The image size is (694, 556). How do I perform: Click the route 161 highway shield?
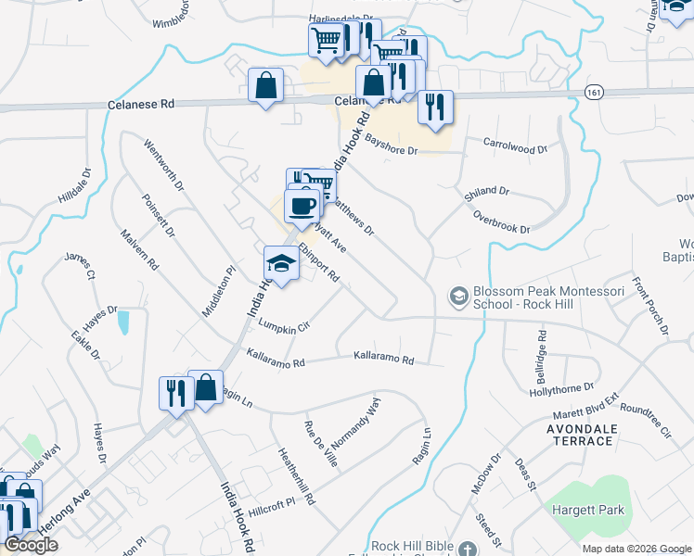(x=595, y=92)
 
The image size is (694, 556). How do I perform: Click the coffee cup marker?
(x=302, y=206)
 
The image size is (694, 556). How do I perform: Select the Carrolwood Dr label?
(x=517, y=145)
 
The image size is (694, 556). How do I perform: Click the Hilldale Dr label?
(x=75, y=185)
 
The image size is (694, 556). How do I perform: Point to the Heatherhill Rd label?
(x=297, y=474)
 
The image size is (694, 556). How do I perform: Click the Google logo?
(x=31, y=545)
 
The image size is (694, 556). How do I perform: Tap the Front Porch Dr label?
(x=650, y=305)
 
